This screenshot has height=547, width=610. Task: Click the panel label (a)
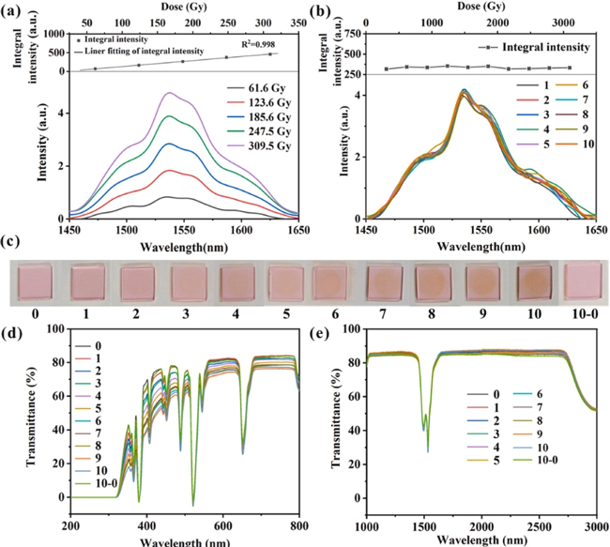tap(12, 11)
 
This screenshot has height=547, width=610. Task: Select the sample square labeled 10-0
tap(585, 280)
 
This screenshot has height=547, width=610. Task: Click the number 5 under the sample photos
tap(285, 309)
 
